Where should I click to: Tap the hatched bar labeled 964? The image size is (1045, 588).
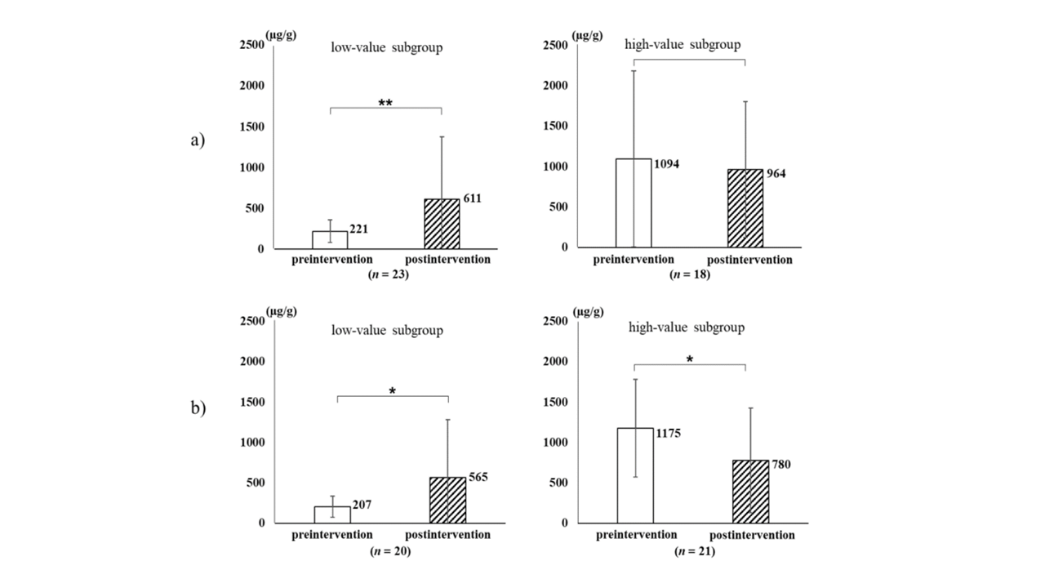pos(745,208)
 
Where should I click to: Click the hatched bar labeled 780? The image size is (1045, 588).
pos(750,491)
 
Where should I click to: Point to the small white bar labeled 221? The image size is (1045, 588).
pos(330,239)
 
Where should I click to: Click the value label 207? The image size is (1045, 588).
pos(361,505)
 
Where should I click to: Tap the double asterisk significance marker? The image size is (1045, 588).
pos(385,104)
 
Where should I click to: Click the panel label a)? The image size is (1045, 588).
pos(198,140)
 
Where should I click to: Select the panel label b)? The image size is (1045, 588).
pos(198,408)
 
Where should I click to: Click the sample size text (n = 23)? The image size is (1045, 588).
pos(388,274)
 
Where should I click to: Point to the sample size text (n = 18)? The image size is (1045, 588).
pos(690,274)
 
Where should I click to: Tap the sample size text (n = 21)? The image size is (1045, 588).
pos(696,551)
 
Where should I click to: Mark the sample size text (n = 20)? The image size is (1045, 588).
pos(389,551)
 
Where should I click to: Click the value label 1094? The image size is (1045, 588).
pos(666,164)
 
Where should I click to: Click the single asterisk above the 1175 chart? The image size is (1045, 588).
pos(690,359)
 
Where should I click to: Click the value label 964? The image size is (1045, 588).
pos(776,174)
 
